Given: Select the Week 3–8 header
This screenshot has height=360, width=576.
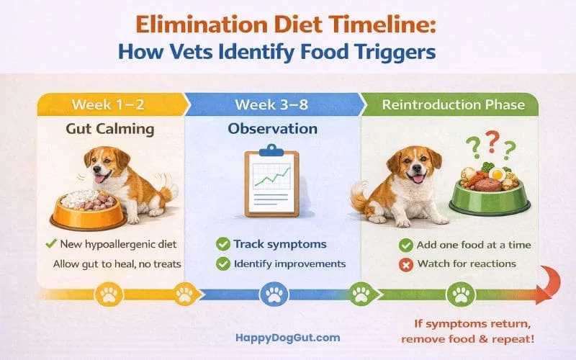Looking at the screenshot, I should [271, 105].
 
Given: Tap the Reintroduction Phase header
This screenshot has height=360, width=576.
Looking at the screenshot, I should [453, 105].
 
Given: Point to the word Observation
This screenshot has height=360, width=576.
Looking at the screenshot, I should [272, 130].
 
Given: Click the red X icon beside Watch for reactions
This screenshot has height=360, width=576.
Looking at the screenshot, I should [405, 264].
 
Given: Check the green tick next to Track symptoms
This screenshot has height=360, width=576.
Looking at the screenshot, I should [222, 245].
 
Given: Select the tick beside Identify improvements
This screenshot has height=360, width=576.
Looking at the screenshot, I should [222, 264].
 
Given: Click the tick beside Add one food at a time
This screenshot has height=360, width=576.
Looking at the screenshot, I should [405, 245].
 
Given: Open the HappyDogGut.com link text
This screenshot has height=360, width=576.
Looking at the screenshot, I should [288, 336].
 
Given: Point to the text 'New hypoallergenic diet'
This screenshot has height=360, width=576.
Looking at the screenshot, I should [118, 245].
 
